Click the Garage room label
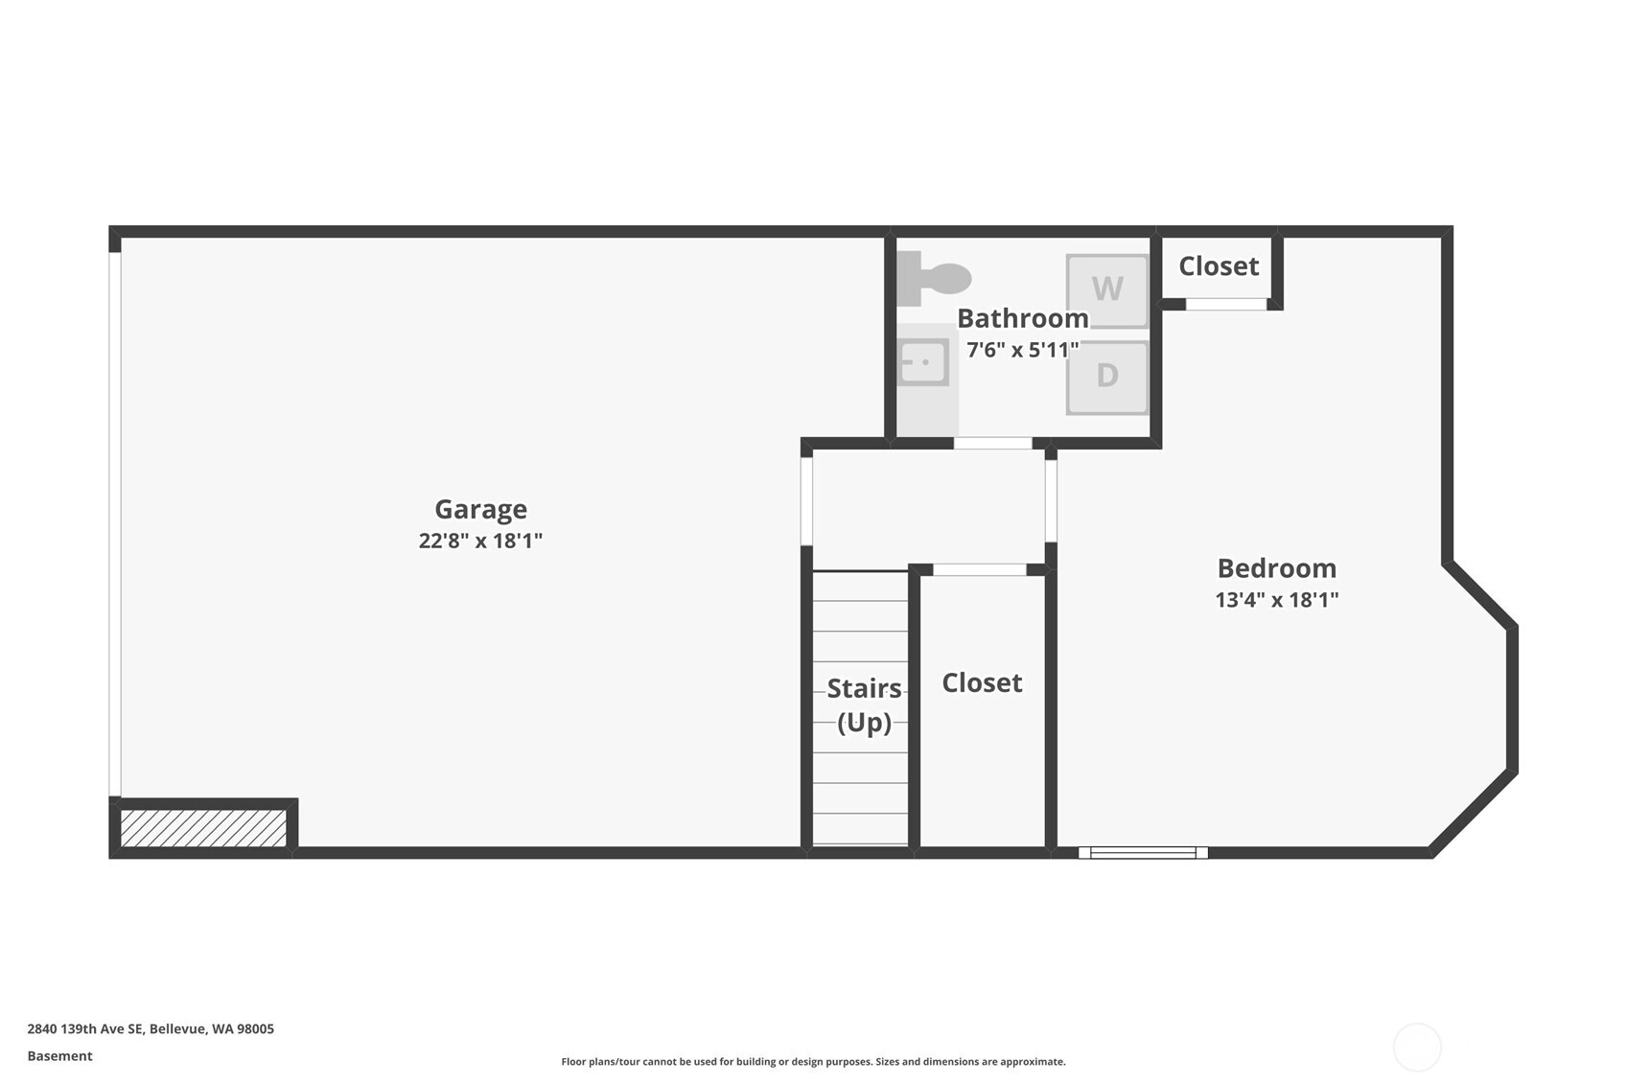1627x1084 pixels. (x=481, y=510)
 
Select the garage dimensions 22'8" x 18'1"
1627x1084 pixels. (x=481, y=541)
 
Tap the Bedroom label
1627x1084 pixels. (x=1277, y=568)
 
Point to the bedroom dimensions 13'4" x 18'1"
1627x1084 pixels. (x=1277, y=600)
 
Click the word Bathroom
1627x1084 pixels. (x=1023, y=319)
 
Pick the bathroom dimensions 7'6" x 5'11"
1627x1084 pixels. (x=1023, y=350)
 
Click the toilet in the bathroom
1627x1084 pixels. (x=934, y=278)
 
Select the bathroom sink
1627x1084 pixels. (x=924, y=361)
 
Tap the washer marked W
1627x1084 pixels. (x=1107, y=290)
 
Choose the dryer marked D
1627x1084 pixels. (x=1107, y=378)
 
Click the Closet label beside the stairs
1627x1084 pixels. (x=982, y=683)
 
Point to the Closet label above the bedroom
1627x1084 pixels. (x=1219, y=266)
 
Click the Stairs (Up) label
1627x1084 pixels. (x=865, y=705)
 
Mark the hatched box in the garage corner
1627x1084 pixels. (x=203, y=828)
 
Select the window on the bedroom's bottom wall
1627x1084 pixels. (x=1143, y=853)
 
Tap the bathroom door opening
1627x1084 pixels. (x=993, y=443)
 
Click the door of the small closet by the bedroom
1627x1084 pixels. (x=1226, y=304)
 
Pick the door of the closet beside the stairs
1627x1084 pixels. (x=980, y=570)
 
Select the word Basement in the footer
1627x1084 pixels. (x=59, y=1056)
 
